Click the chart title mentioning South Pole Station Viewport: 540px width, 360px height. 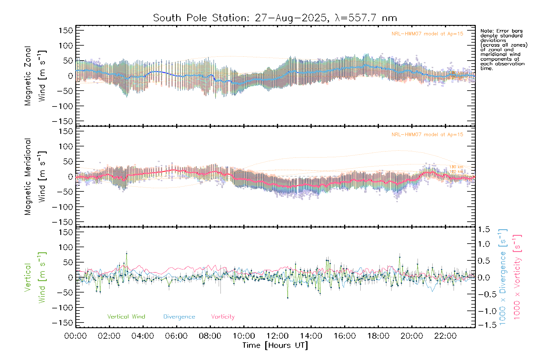pos(275,18)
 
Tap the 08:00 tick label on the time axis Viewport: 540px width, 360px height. pos(210,336)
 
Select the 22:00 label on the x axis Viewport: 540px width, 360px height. pos(445,336)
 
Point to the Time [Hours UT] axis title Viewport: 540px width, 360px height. pos(275,345)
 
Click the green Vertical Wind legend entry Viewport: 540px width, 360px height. pos(126,316)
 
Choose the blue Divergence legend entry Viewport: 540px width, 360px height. pos(179,317)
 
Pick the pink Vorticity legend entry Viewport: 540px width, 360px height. pos(223,317)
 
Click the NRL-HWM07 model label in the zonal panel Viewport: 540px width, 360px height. pos(427,34)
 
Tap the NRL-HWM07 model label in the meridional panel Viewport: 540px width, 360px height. pos(427,135)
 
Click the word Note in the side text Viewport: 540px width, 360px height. pos(486,31)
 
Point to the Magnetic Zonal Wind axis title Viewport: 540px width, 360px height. pos(35,76)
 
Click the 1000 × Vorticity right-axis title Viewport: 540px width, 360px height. pos(517,277)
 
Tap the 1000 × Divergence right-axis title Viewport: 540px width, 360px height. pos(503,277)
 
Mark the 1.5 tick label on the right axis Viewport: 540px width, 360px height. pos(484,229)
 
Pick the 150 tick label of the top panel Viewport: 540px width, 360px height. pos(66,30)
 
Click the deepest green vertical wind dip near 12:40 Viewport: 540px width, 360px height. pos(288,298)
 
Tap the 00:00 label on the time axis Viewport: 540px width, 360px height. pos(76,336)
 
